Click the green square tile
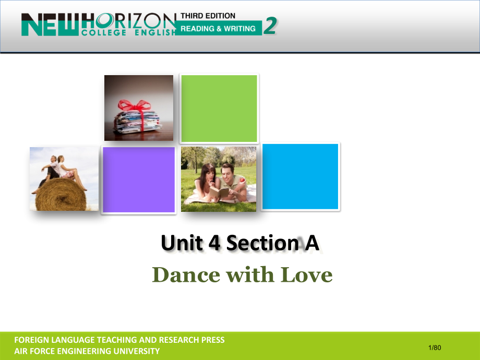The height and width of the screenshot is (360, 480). click(x=219, y=109)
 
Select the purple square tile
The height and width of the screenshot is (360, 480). click(x=139, y=179)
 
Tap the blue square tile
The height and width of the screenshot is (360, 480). click(x=301, y=177)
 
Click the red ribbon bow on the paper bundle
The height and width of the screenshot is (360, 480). click(x=135, y=106)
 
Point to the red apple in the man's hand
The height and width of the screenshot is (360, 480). click(x=242, y=180)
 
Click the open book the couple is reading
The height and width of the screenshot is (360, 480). click(x=219, y=192)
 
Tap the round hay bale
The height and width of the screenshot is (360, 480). click(x=61, y=195)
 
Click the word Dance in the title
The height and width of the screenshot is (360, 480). click(x=186, y=275)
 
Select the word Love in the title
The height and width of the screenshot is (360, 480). click(x=306, y=275)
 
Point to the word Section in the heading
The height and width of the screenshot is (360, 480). click(x=262, y=243)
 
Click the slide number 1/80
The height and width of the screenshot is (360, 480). click(x=435, y=347)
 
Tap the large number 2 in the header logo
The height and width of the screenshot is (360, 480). click(x=270, y=26)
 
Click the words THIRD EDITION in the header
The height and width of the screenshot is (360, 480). click(x=208, y=16)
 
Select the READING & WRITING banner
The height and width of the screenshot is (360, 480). click(x=219, y=29)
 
